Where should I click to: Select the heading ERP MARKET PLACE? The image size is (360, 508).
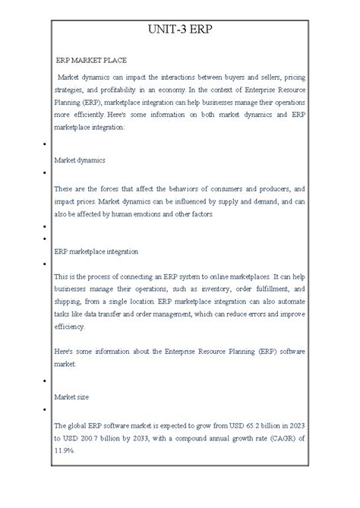click(x=91, y=59)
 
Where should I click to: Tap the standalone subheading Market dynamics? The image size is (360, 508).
click(x=81, y=160)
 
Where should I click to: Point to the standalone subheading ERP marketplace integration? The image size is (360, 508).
click(x=96, y=251)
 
